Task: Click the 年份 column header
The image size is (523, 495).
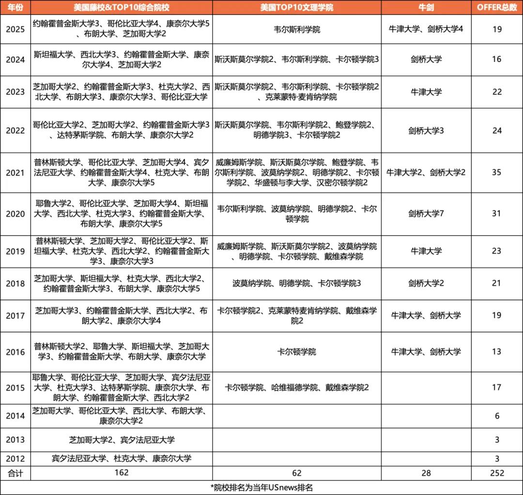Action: [x=15, y=8]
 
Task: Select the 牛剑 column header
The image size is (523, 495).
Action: [x=426, y=8]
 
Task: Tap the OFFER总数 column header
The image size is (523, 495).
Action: [x=496, y=8]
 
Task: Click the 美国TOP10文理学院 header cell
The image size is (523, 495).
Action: [x=296, y=8]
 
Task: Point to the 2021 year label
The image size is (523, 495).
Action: [x=15, y=173]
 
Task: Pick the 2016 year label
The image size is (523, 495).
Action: [x=15, y=352]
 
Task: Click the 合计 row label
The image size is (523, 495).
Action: [x=15, y=473]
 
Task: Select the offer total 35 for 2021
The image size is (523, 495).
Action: [x=496, y=173]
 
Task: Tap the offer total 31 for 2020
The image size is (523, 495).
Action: [x=496, y=213]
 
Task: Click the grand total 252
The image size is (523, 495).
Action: [x=496, y=473]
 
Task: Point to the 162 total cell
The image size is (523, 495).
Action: [x=122, y=473]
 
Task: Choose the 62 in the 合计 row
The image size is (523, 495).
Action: [x=296, y=473]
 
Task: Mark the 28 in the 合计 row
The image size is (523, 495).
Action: [x=426, y=473]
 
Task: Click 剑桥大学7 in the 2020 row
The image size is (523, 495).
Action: [x=426, y=213]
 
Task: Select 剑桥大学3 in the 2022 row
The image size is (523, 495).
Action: [x=426, y=131]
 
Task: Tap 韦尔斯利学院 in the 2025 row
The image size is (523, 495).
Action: [x=296, y=30]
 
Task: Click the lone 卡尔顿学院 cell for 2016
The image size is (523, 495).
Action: [x=296, y=352]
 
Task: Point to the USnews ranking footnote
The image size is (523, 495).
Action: [x=261, y=487]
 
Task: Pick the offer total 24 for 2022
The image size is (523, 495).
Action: [x=496, y=131]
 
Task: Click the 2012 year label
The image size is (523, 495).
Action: [x=15, y=458]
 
